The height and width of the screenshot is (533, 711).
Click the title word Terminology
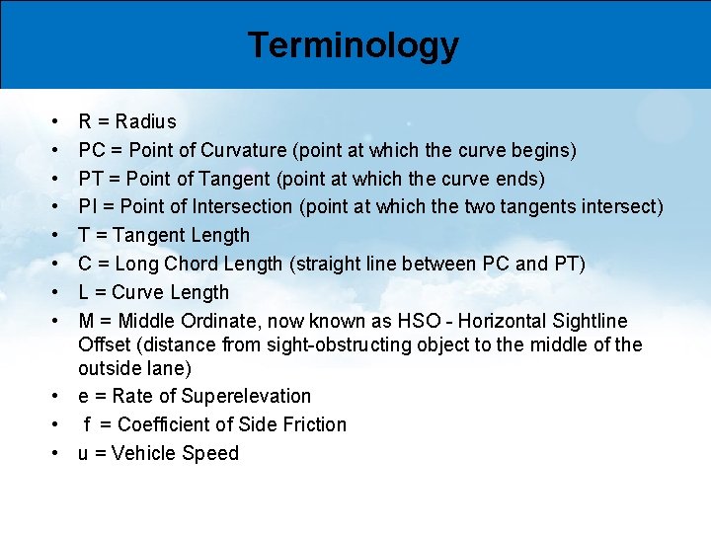point(353,45)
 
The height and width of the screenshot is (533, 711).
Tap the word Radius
point(146,122)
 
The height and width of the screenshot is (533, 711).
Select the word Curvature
point(241,151)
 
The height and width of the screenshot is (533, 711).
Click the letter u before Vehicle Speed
point(84,454)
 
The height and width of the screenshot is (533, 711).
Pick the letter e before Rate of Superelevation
point(84,397)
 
